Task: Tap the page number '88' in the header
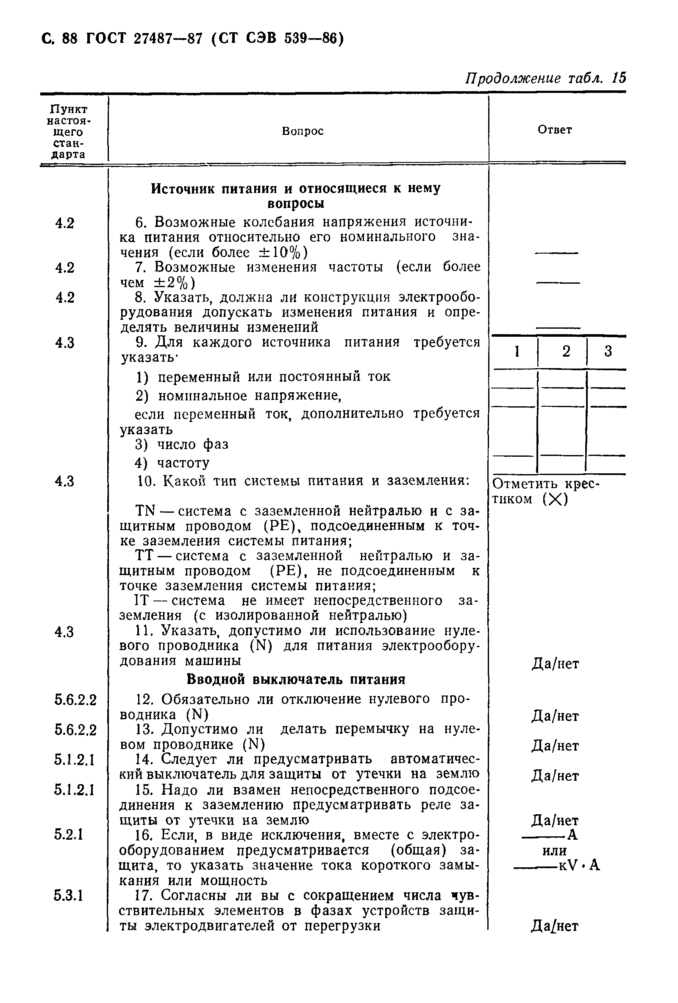[69, 39]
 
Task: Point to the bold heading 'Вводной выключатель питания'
[296, 679]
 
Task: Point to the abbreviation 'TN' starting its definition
[145, 511]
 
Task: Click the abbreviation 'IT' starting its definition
[142, 601]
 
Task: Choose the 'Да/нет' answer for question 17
[554, 926]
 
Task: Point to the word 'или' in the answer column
[554, 851]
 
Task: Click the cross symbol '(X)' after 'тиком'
[555, 499]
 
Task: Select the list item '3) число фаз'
[181, 444]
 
